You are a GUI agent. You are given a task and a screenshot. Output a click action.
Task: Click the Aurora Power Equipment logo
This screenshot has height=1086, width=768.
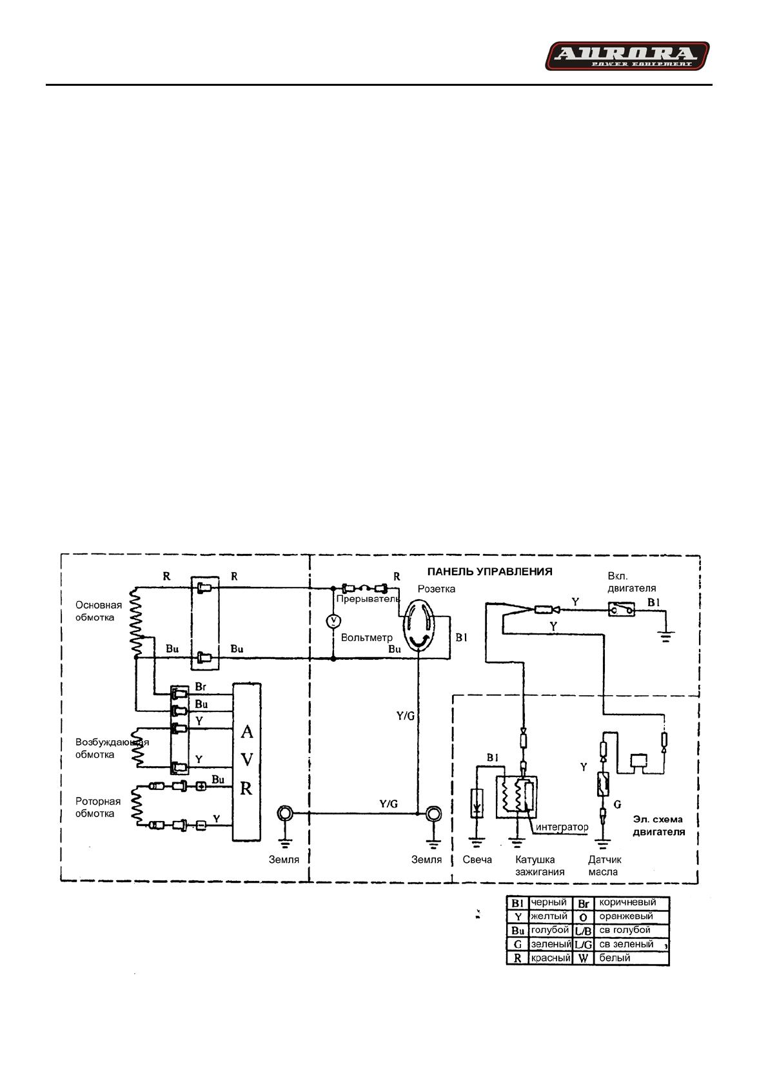click(627, 56)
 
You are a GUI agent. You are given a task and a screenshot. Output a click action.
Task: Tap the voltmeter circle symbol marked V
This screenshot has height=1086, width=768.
click(333, 620)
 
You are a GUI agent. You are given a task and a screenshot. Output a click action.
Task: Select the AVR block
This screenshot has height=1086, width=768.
click(246, 761)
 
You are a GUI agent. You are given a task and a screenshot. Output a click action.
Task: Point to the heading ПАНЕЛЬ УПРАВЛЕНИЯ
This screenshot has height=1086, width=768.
click(489, 571)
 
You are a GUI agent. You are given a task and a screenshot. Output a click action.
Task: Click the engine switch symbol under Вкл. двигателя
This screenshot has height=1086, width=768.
click(621, 609)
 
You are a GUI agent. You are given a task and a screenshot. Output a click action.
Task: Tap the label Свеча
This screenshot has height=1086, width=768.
click(477, 860)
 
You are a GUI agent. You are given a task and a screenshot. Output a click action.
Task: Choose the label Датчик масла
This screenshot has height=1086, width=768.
click(604, 865)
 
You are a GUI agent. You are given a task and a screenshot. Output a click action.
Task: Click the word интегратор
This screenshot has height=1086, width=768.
click(562, 827)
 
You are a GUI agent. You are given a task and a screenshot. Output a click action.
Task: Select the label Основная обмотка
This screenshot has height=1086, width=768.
click(98, 611)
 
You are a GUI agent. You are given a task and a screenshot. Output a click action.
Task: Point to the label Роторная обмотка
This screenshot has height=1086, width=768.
click(97, 807)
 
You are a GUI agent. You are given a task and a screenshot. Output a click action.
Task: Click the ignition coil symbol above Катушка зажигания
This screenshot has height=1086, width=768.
click(516, 797)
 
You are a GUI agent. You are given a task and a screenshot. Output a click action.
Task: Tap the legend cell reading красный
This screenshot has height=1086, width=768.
click(550, 958)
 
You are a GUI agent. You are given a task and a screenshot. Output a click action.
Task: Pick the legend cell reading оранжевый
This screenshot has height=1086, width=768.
click(625, 916)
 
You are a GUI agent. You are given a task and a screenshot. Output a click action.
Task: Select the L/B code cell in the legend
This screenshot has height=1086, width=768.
click(583, 931)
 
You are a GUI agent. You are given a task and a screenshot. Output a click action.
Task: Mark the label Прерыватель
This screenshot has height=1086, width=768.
click(368, 598)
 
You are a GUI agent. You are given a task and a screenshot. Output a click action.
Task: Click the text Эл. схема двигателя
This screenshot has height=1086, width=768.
click(658, 825)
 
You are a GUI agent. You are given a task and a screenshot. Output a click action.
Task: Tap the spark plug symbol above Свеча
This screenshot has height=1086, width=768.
click(477, 804)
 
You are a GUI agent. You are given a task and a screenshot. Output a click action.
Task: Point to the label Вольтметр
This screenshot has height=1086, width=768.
click(366, 637)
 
